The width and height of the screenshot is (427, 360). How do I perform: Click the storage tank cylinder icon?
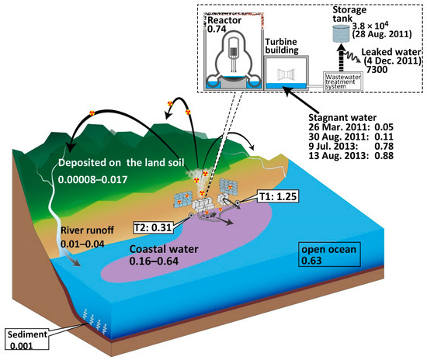[339, 32]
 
